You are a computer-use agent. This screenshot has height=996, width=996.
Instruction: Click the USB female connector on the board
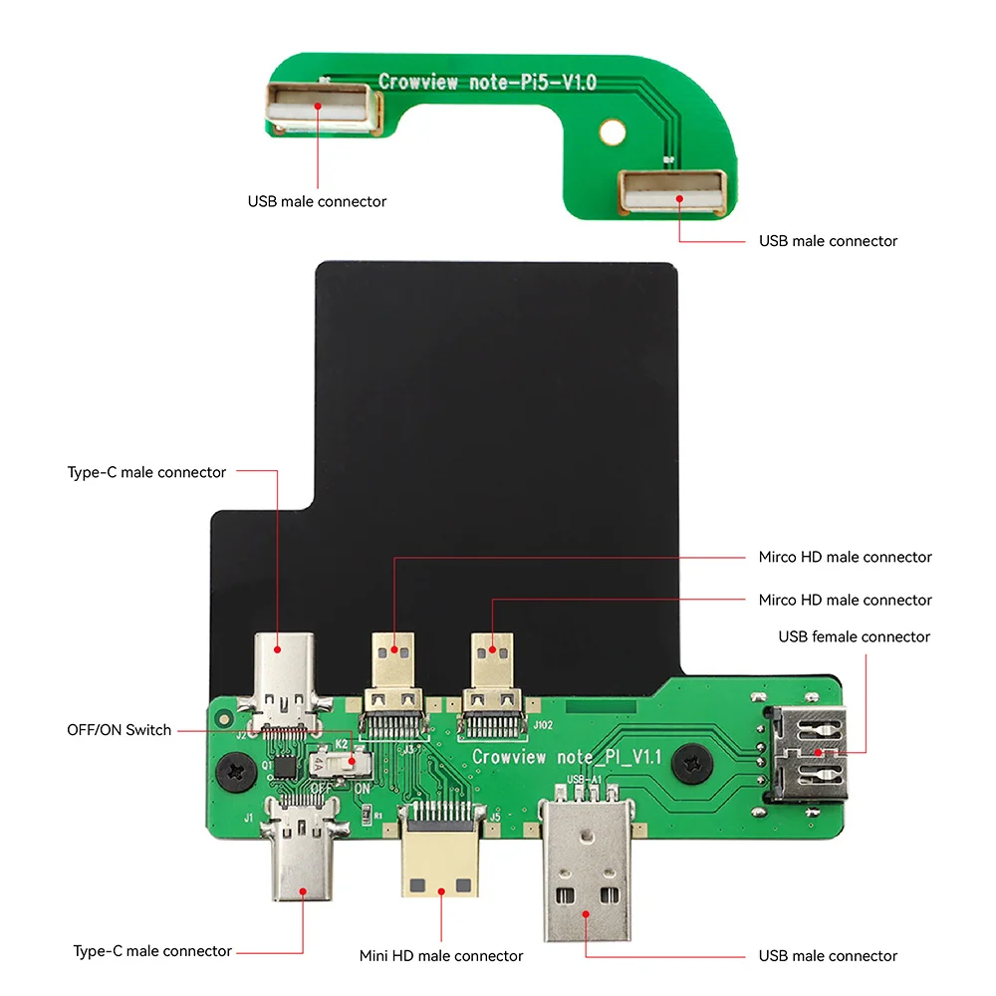[x=809, y=755]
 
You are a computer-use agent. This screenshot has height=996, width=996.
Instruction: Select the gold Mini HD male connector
[x=439, y=858]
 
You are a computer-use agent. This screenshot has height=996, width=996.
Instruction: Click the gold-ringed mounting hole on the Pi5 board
[x=613, y=129]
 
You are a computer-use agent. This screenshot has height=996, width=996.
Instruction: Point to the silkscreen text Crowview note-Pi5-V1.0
[x=487, y=82]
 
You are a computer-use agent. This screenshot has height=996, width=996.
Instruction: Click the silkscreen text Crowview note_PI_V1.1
[x=567, y=757]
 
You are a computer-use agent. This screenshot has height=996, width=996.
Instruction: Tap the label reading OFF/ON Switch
[x=119, y=730]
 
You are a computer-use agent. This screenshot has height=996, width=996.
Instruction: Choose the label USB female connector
[x=854, y=636]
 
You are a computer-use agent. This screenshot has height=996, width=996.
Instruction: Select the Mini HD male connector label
[x=440, y=956]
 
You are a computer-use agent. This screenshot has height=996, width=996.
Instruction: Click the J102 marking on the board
[x=543, y=725]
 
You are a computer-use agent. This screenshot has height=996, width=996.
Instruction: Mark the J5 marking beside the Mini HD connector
[x=495, y=817]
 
